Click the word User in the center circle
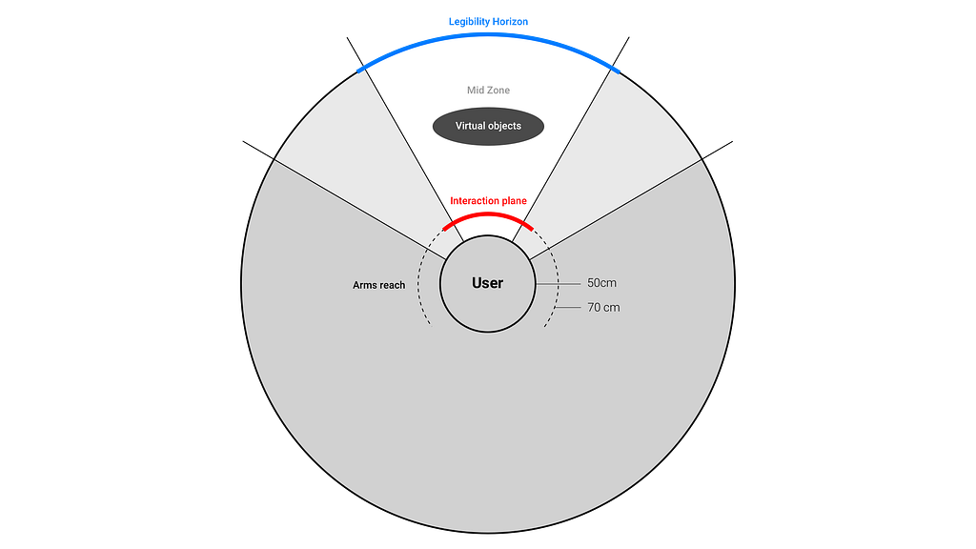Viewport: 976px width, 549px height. click(x=487, y=283)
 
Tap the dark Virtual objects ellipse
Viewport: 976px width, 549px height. click(x=488, y=126)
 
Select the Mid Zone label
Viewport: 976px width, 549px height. click(x=488, y=91)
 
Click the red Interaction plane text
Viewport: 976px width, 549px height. click(x=488, y=201)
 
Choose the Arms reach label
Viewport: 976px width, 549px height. click(x=378, y=285)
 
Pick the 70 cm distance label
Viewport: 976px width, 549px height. click(x=602, y=307)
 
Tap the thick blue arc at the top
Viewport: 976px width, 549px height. click(x=488, y=35)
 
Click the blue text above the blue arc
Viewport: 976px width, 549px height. click(x=488, y=20)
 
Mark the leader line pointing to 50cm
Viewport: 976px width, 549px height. click(x=558, y=283)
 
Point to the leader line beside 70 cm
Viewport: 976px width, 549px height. click(x=569, y=307)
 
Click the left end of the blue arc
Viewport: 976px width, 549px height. click(x=358, y=68)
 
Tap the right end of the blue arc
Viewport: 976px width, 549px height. click(x=617, y=68)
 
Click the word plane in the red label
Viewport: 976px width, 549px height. click(x=512, y=201)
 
